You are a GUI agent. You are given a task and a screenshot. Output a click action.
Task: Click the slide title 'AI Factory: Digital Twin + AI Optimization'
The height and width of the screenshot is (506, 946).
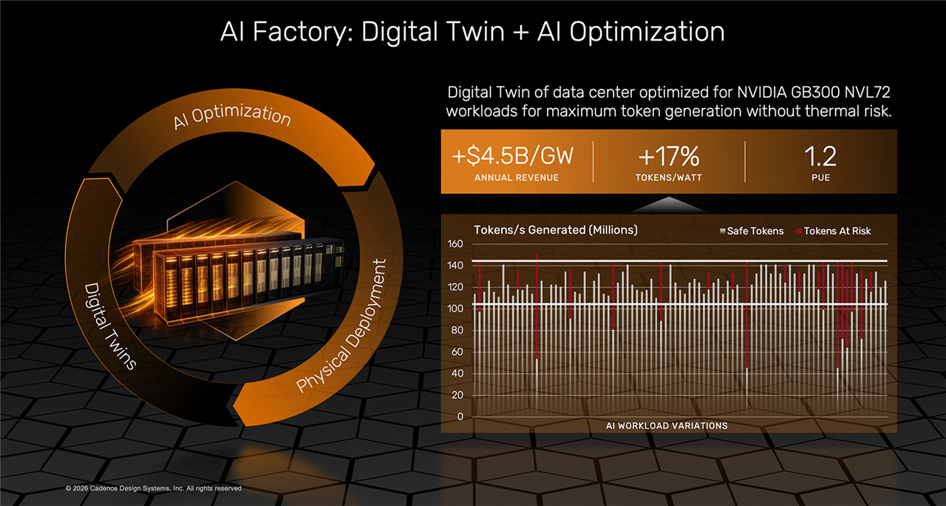click(x=472, y=32)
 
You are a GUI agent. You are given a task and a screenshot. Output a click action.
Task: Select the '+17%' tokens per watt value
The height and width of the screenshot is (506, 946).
click(x=669, y=157)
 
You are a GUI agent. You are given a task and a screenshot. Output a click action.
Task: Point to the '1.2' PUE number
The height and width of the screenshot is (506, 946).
click(x=820, y=157)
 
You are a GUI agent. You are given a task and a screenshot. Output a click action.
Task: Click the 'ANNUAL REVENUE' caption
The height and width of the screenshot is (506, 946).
click(x=517, y=178)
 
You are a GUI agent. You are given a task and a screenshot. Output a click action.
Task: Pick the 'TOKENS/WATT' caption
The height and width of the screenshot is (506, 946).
click(x=669, y=178)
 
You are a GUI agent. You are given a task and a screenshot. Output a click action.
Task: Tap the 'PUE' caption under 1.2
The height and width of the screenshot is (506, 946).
click(x=820, y=178)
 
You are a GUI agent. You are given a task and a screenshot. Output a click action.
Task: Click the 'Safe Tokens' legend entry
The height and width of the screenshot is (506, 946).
click(x=755, y=231)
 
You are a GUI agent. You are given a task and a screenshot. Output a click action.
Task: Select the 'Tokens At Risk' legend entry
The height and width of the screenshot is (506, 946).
click(x=837, y=231)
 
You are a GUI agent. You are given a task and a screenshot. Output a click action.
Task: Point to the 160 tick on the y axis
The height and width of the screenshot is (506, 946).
click(x=455, y=244)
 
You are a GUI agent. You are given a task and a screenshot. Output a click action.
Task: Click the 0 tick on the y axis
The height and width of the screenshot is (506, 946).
click(x=460, y=416)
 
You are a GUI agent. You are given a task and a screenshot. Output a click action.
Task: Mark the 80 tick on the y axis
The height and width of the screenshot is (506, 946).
click(x=457, y=331)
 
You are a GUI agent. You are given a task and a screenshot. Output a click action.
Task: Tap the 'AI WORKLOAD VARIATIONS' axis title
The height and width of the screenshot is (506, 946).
click(x=667, y=425)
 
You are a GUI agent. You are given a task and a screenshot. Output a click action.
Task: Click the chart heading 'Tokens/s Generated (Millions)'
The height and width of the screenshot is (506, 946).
click(x=555, y=230)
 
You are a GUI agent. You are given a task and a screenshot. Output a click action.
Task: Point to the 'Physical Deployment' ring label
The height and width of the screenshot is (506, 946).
click(x=341, y=327)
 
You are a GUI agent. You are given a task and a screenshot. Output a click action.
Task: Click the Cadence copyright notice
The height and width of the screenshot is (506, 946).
click(x=154, y=488)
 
